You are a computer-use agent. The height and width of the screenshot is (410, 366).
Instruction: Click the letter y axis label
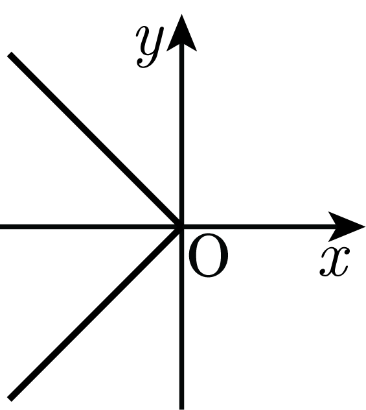click(x=150, y=47)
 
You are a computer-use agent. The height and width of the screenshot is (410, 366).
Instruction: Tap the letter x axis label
click(x=334, y=261)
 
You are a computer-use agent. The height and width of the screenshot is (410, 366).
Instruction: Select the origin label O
click(x=208, y=256)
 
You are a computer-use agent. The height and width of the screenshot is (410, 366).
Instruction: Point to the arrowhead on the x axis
click(x=347, y=226)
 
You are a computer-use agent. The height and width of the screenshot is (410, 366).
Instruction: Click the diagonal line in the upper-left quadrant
click(x=95, y=140)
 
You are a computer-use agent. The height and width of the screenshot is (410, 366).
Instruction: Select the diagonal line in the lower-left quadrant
click(x=95, y=313)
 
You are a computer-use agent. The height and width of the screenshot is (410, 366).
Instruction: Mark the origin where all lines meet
click(x=181, y=226)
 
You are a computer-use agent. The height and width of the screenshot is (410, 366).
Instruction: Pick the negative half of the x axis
click(x=91, y=226)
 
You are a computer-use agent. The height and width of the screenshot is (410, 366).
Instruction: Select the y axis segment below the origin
click(x=181, y=319)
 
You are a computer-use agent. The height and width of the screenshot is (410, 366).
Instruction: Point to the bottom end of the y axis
click(x=181, y=409)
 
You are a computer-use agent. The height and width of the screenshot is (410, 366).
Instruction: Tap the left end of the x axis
click(x=1, y=226)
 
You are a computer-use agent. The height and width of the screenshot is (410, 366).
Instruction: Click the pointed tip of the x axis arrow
click(x=365, y=226)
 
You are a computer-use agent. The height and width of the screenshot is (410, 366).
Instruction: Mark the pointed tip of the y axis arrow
click(x=181, y=15)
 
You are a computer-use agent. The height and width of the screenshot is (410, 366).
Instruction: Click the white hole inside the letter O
click(x=209, y=256)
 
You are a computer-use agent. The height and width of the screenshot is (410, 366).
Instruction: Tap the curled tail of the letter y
click(x=145, y=64)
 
